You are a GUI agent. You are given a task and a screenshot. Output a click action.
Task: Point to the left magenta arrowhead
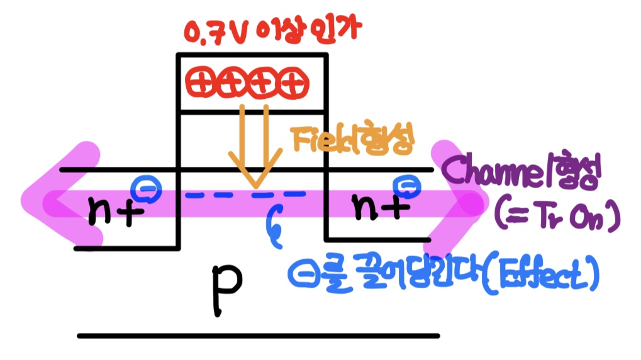tap(47, 200)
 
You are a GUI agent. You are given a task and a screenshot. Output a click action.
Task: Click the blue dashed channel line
tap(245, 196)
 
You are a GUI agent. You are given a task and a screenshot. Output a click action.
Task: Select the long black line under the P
tap(258, 335)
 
